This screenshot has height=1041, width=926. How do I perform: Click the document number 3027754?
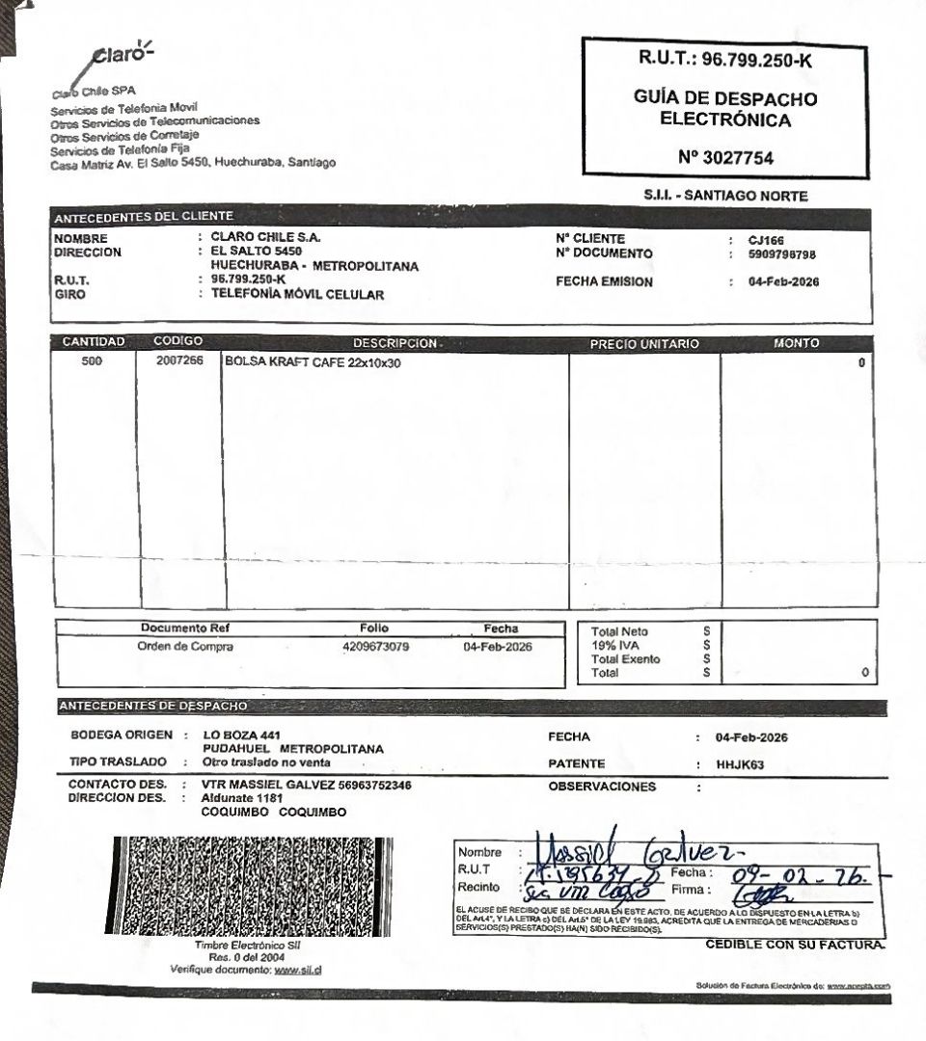(x=725, y=158)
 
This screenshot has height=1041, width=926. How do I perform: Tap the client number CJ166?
(x=768, y=239)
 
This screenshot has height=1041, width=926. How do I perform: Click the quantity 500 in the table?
(x=93, y=363)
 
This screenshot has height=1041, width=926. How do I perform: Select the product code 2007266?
(x=179, y=363)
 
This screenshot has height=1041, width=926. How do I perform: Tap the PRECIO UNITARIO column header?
(x=643, y=343)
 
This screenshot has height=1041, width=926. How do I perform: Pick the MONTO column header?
(x=796, y=343)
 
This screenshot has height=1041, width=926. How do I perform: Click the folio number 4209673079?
(x=375, y=647)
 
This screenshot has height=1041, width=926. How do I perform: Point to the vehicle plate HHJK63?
(x=739, y=764)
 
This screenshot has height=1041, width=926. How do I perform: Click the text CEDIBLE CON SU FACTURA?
(x=794, y=944)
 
